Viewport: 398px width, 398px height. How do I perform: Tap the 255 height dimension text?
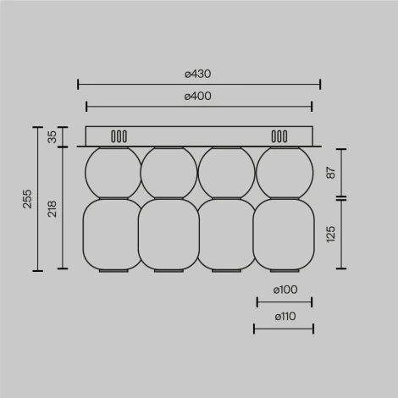click(x=26, y=199)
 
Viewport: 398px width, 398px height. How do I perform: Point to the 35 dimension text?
click(x=52, y=136)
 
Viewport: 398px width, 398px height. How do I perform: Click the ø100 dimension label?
click(x=284, y=290)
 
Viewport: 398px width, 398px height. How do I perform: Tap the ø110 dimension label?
click(x=284, y=317)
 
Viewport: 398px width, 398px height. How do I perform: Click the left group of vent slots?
click(x=119, y=135)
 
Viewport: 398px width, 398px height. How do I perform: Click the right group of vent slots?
click(x=279, y=135)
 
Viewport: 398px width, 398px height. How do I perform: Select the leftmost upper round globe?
click(x=113, y=172)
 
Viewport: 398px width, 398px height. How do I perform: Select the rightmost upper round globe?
click(x=284, y=172)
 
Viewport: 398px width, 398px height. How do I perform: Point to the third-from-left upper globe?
click(x=225, y=172)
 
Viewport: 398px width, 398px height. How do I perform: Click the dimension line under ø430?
click(x=199, y=84)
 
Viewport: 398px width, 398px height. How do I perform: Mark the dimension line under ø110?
click(x=284, y=329)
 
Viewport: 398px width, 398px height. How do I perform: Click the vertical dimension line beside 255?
click(x=37, y=199)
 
